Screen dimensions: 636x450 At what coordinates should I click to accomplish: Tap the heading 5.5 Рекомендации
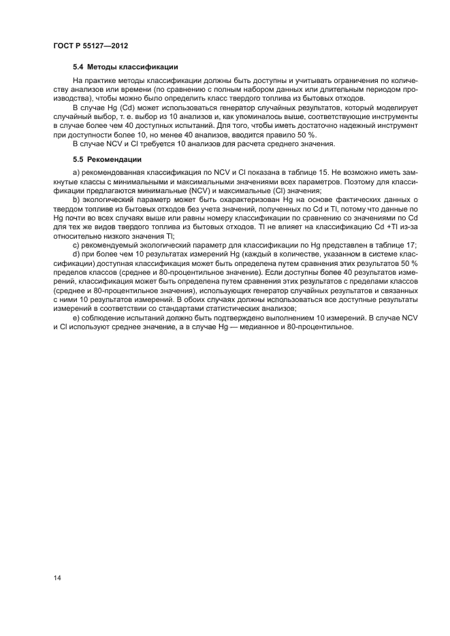pos(107,159)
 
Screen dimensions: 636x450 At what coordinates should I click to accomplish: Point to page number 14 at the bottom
pos(57,578)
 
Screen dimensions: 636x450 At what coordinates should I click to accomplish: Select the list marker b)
pos(76,198)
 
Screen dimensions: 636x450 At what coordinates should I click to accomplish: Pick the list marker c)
pos(76,245)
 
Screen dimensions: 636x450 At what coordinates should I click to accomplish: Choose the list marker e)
pos(76,318)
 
